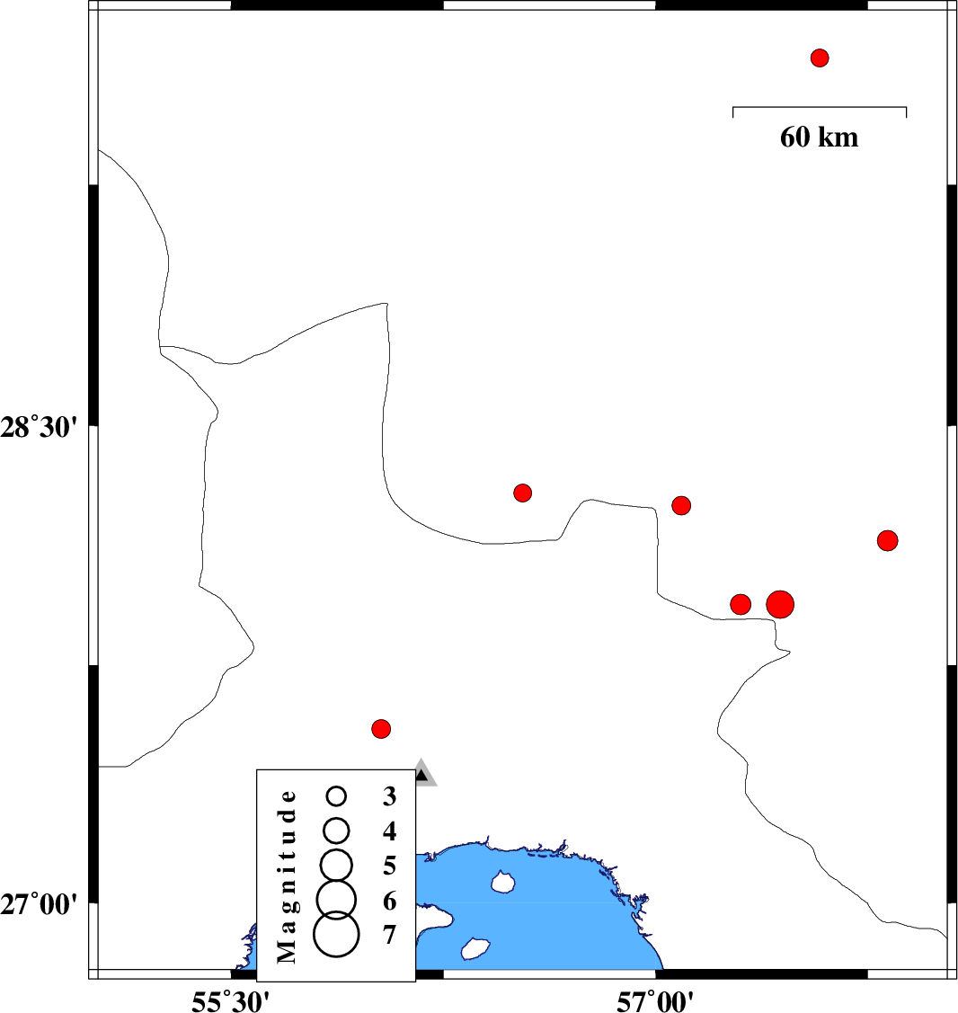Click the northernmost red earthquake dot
[x=819, y=58]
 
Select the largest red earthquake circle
[x=780, y=604]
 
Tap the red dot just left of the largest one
[x=741, y=604]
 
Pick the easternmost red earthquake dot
[x=888, y=540]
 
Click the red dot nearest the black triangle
[x=381, y=728]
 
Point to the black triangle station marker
[x=421, y=774]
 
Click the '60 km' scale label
[x=819, y=138]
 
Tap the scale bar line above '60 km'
[x=819, y=107]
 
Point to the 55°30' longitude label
[x=231, y=1000]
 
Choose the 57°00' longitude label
[x=655, y=1000]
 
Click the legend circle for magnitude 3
[x=337, y=795]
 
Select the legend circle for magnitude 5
[x=337, y=864]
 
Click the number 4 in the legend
[x=389, y=831]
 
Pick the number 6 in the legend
[x=389, y=900]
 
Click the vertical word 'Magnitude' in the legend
[x=287, y=875]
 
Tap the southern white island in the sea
[x=474, y=948]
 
